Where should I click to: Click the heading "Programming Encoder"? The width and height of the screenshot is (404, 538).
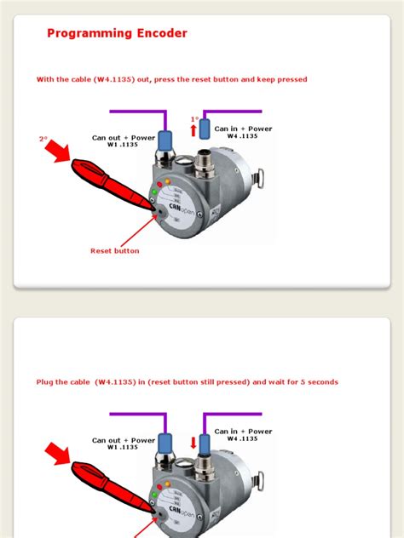coord(117,34)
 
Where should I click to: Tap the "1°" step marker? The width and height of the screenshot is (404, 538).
coord(194,120)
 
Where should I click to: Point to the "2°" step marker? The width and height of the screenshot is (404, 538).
coord(43,138)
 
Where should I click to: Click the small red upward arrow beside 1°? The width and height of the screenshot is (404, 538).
coord(193,130)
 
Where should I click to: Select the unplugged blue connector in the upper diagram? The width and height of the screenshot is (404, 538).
coord(205,130)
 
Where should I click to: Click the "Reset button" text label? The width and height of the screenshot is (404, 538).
coord(114,251)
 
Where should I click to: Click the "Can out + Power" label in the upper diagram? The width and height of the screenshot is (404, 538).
coord(124,140)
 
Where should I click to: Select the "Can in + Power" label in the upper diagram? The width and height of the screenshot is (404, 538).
coord(243,132)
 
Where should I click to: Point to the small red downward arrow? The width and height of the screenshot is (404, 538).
coord(193,443)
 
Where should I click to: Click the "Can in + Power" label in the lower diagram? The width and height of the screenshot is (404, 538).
coord(243,434)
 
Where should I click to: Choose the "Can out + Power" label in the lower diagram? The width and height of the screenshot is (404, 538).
coord(124,444)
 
